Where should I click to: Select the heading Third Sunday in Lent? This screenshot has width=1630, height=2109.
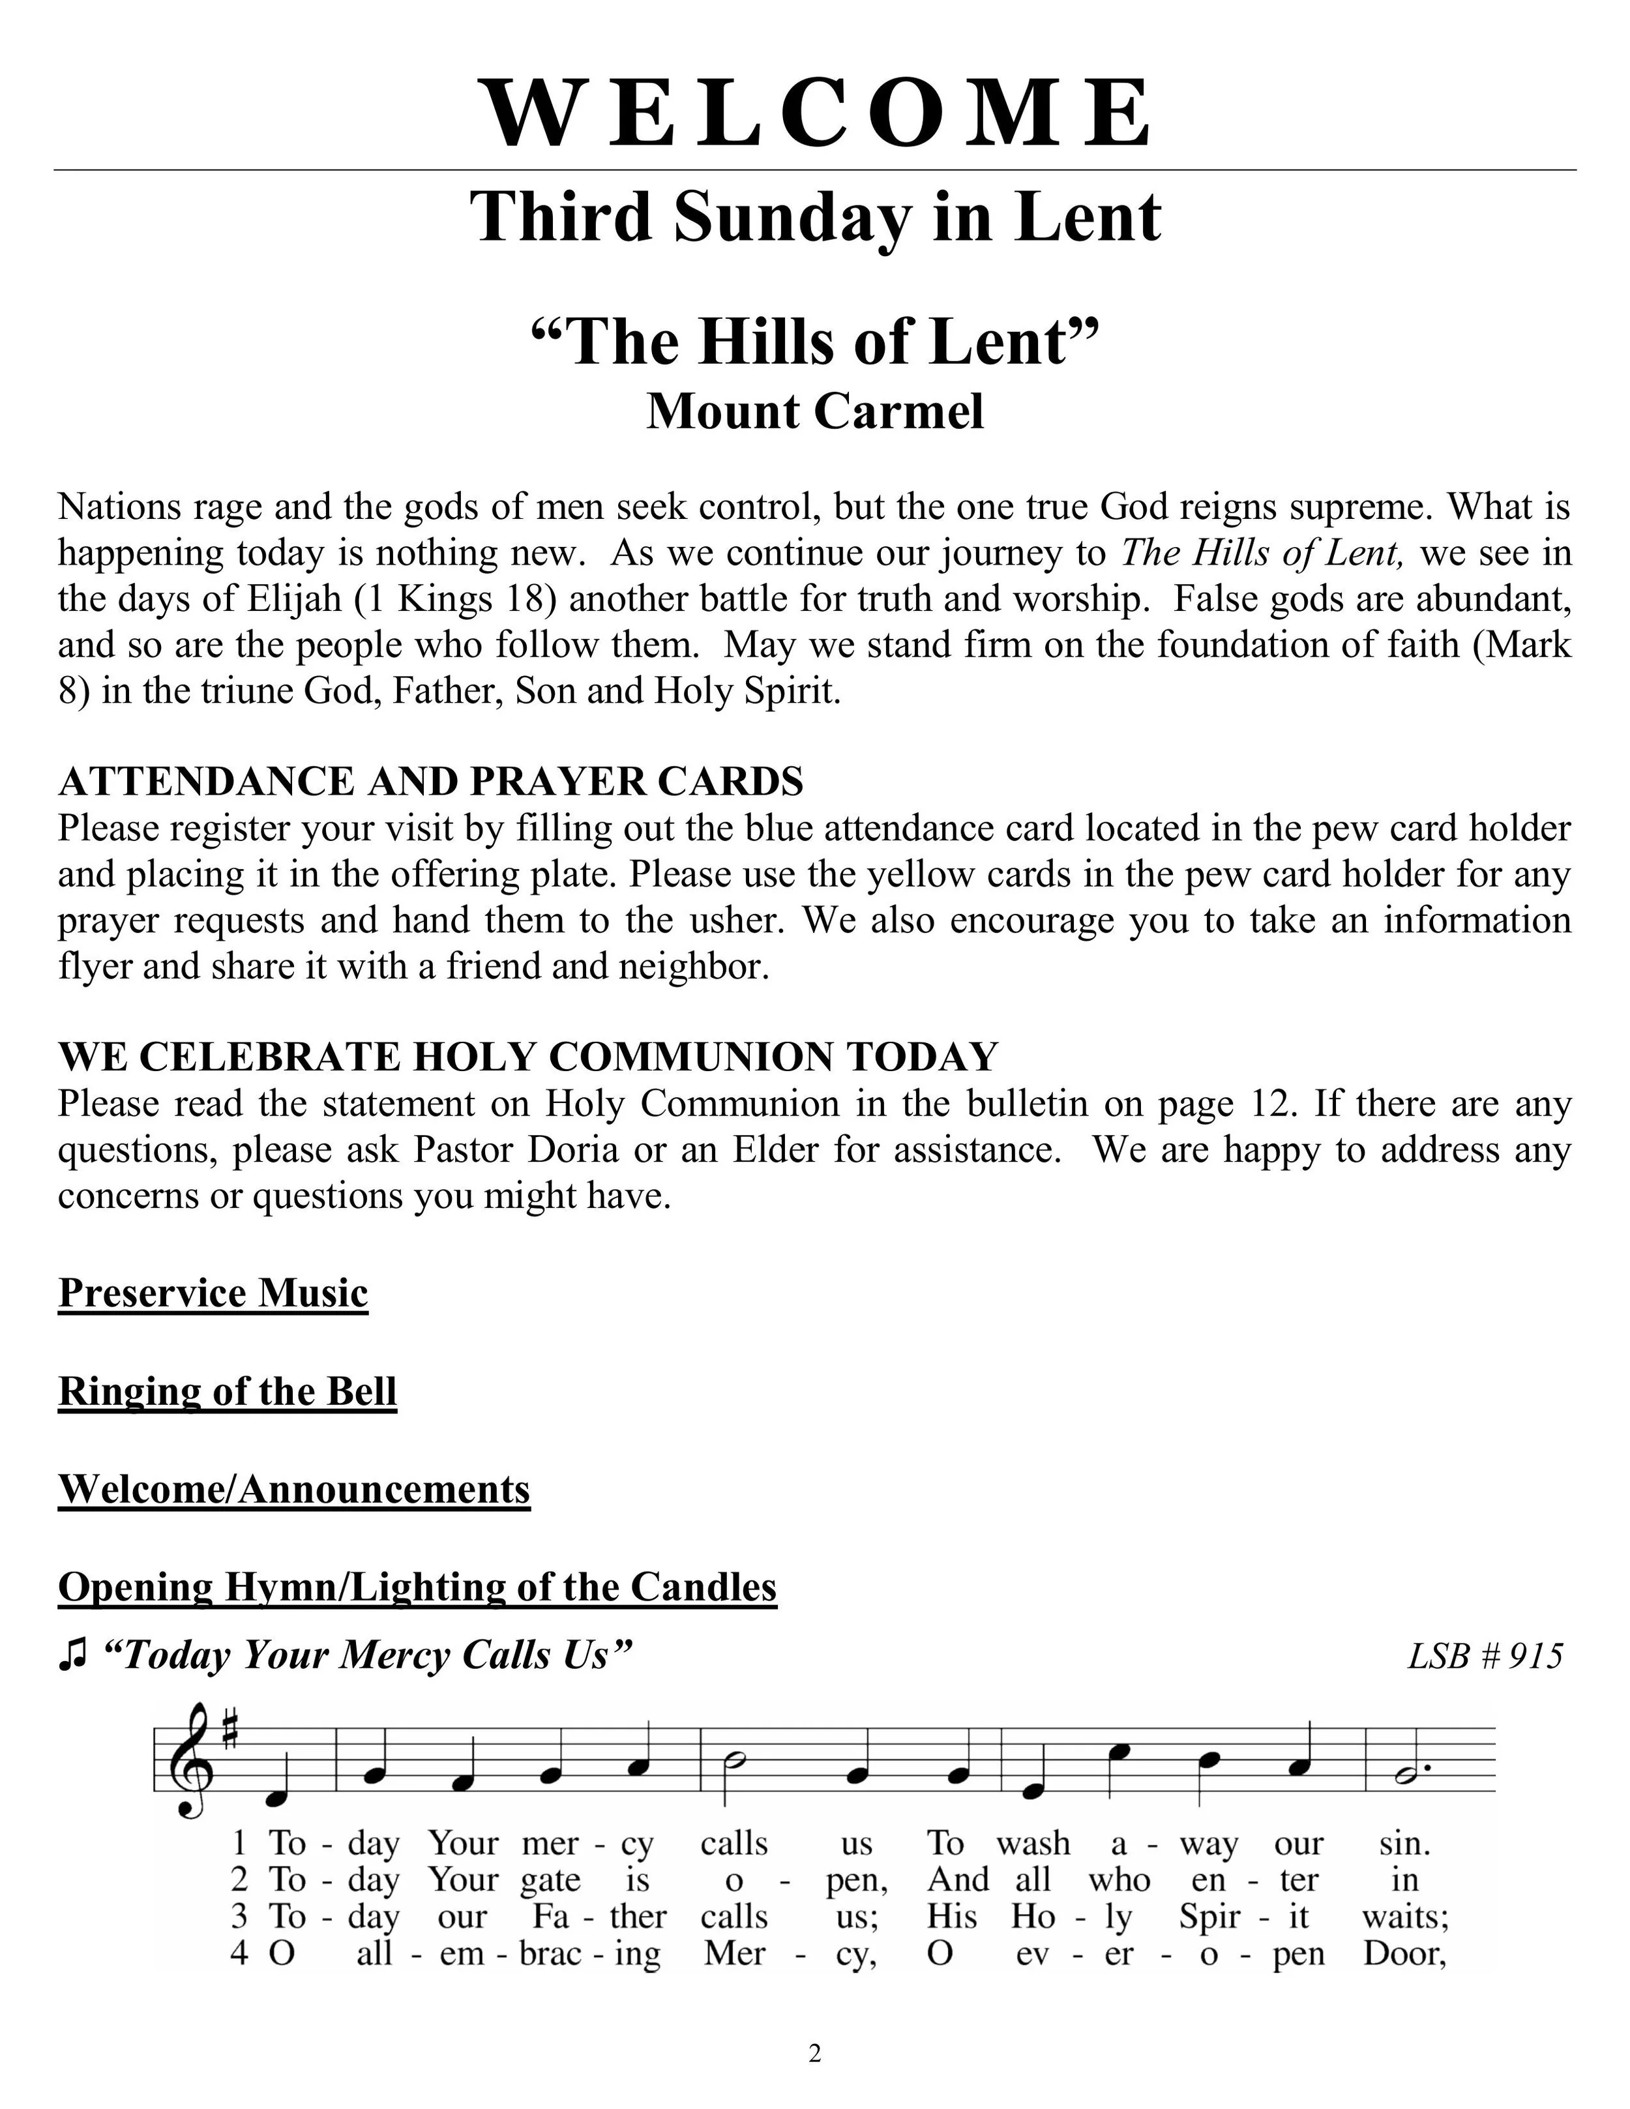(816, 217)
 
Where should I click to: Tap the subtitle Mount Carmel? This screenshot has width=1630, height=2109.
(816, 412)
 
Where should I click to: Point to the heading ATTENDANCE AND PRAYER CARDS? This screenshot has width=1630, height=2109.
(431, 781)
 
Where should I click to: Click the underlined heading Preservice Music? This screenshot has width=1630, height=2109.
(213, 1293)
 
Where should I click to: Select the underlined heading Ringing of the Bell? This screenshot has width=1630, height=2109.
(228, 1391)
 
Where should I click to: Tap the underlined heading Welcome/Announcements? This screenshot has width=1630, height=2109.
(295, 1489)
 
